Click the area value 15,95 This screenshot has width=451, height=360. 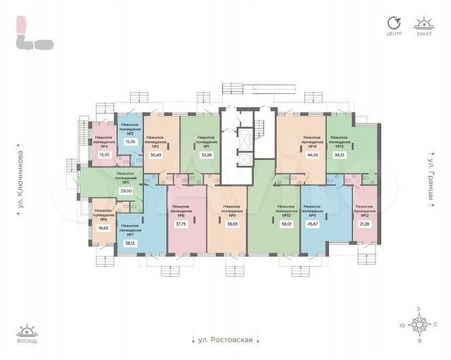click(x=103, y=155)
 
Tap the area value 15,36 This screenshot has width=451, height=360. click(x=130, y=141)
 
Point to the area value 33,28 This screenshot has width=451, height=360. click(x=205, y=155)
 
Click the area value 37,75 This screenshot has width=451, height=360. click(x=179, y=224)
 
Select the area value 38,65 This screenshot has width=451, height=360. click(x=232, y=224)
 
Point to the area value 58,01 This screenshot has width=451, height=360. click(x=286, y=224)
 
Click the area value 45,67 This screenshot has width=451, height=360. click(x=312, y=224)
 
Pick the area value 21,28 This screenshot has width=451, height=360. click(x=364, y=224)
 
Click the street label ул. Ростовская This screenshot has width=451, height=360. click(x=225, y=340)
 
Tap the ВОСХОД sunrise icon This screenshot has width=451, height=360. click(x=27, y=331)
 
